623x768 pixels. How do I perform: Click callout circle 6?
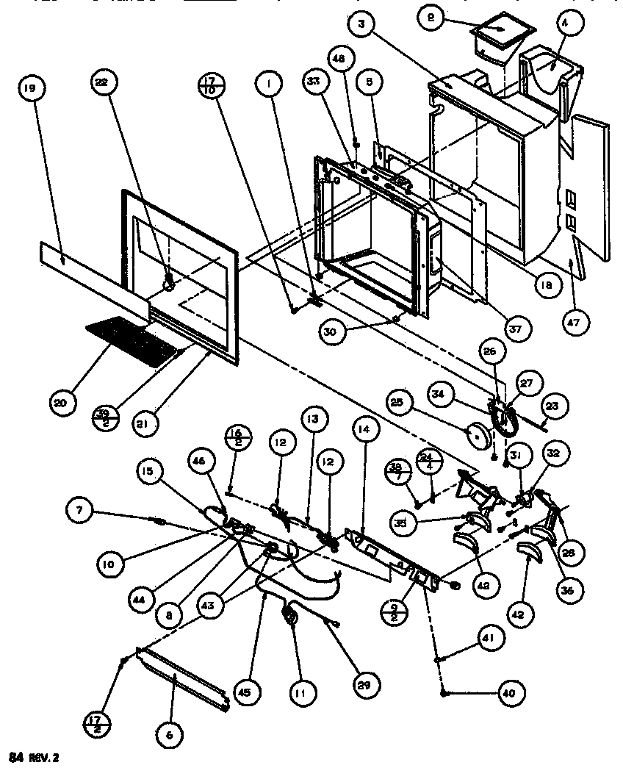(x=170, y=734)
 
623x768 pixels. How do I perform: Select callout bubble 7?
(x=79, y=508)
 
